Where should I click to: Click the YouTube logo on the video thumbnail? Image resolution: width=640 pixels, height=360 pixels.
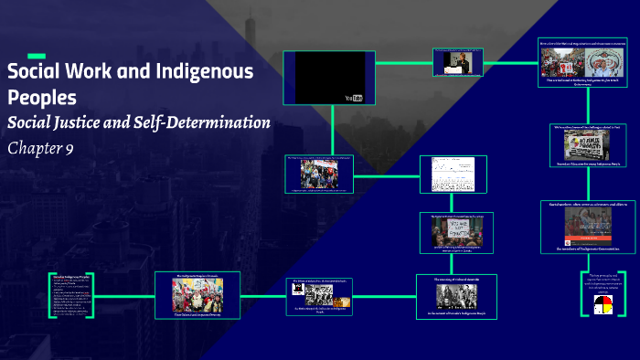pyautogui.click(x=353, y=98)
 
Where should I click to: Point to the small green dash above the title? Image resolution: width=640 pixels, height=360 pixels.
pyautogui.click(x=37, y=56)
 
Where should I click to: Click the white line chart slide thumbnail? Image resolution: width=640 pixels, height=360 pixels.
pyautogui.click(x=450, y=175)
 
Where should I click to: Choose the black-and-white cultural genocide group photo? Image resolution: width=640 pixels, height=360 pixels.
pyautogui.click(x=455, y=295)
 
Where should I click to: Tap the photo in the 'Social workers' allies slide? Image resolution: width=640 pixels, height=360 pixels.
pyautogui.click(x=587, y=225)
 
